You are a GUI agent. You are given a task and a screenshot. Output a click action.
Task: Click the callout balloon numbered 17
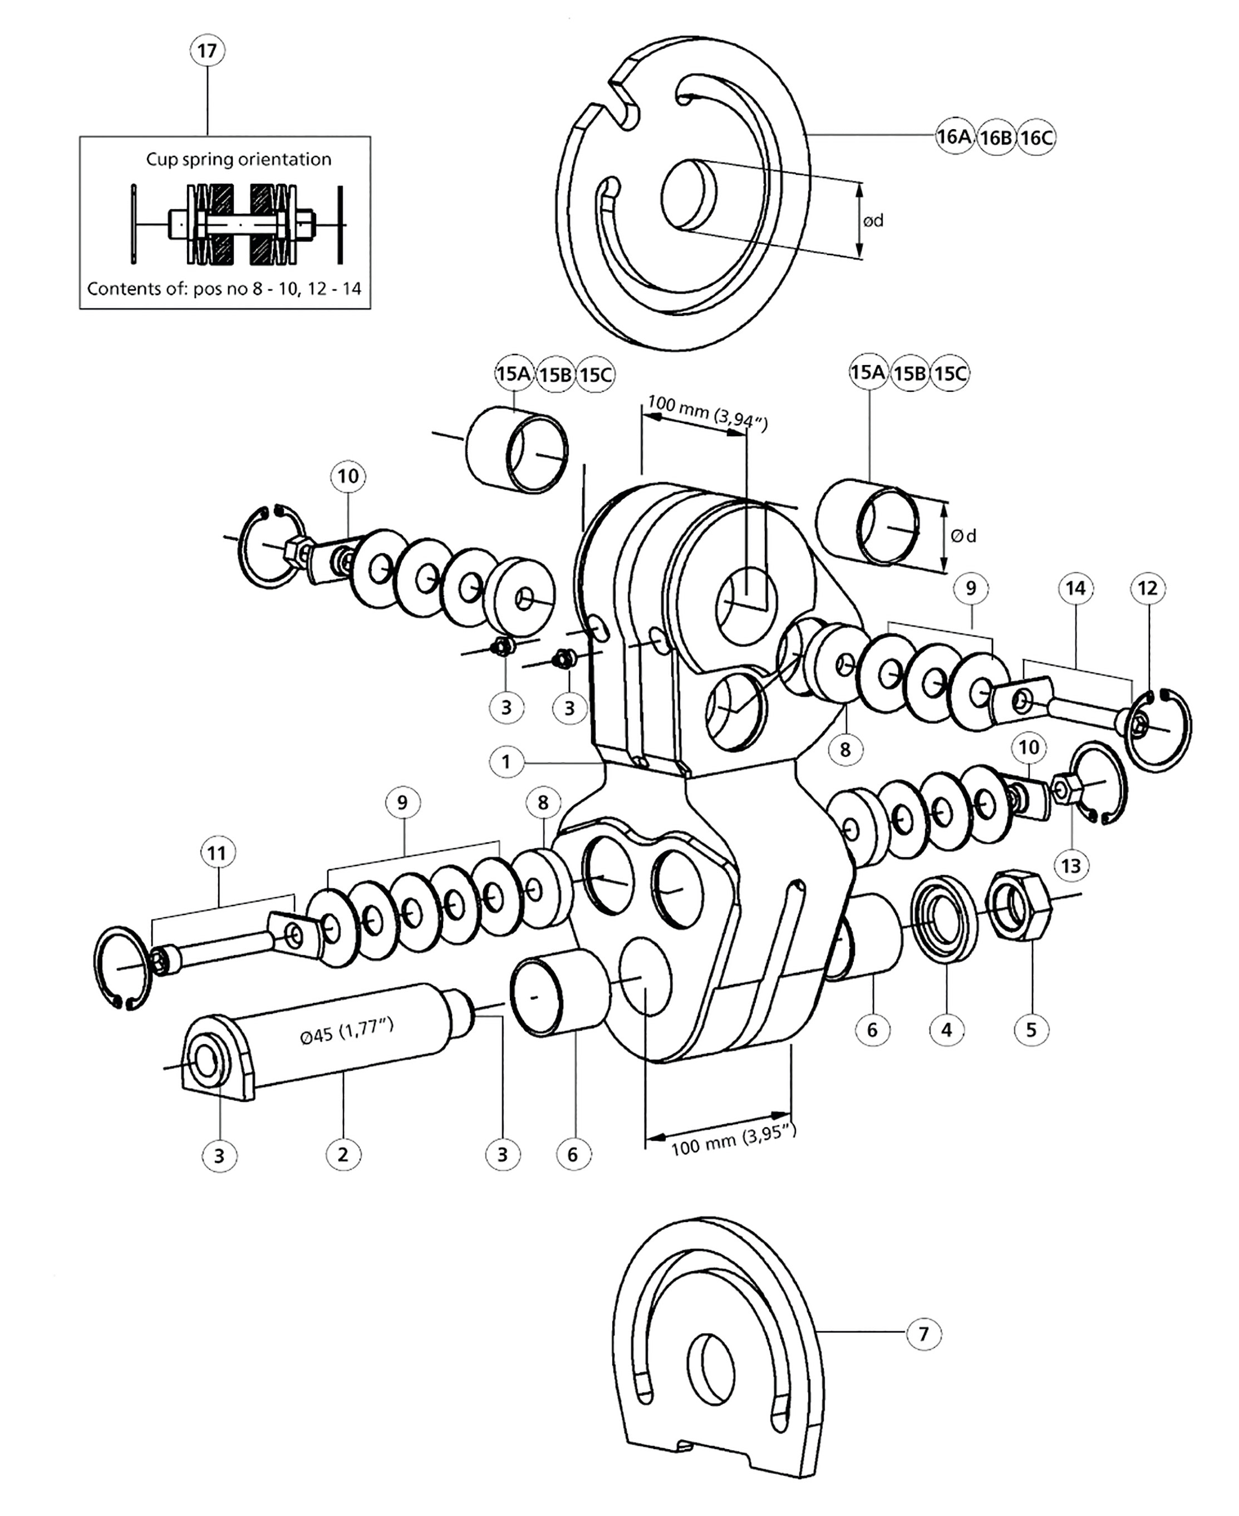click(207, 51)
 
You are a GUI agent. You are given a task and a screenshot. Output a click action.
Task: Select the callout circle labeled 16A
click(954, 136)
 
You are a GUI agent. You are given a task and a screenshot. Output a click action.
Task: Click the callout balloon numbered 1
click(506, 761)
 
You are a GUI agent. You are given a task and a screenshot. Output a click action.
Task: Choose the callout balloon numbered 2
click(343, 1154)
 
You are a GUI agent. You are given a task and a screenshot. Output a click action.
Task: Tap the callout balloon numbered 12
click(1148, 588)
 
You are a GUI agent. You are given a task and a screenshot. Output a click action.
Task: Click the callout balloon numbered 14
click(1075, 588)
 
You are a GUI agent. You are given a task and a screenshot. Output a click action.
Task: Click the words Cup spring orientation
click(238, 159)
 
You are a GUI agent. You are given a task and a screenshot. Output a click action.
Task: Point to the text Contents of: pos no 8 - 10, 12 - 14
click(224, 289)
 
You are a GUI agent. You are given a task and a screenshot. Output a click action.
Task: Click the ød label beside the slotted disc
click(873, 222)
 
